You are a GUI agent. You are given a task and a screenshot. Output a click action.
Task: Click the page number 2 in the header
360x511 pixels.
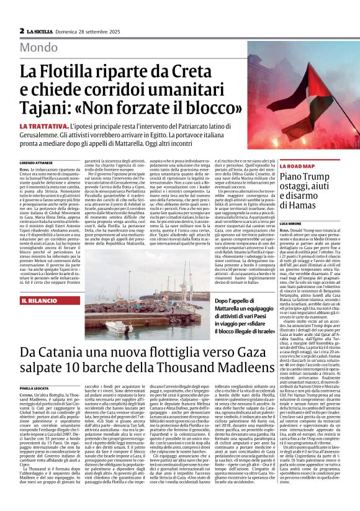click(22, 30)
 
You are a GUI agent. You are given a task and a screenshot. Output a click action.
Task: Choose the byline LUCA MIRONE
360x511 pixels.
click(291, 222)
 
